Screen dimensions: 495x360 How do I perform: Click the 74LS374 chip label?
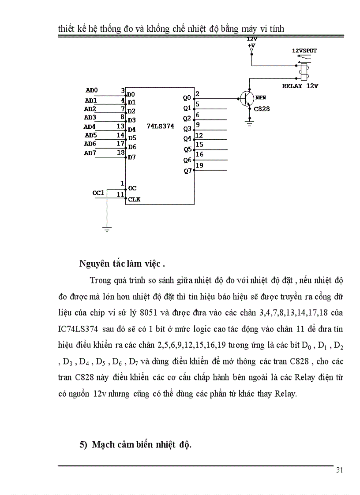[161, 126]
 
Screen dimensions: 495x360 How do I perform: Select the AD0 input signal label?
[92, 90]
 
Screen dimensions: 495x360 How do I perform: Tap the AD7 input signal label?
[90, 153]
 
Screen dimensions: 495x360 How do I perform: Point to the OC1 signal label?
[98, 193]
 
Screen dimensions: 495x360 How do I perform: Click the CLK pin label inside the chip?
[134, 199]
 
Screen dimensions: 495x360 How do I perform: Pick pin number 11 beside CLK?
[120, 194]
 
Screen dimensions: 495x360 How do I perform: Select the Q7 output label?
[187, 171]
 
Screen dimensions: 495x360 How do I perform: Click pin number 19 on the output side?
[199, 165]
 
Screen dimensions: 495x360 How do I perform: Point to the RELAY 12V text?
[300, 86]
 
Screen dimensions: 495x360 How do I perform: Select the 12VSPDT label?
[304, 51]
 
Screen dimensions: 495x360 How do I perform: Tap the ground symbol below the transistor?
[250, 124]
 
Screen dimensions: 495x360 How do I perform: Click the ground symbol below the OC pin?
[107, 229]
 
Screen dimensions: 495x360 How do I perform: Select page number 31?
[339, 470]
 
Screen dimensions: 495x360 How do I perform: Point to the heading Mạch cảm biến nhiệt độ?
[141, 444]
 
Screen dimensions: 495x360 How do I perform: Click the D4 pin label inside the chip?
[132, 129]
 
